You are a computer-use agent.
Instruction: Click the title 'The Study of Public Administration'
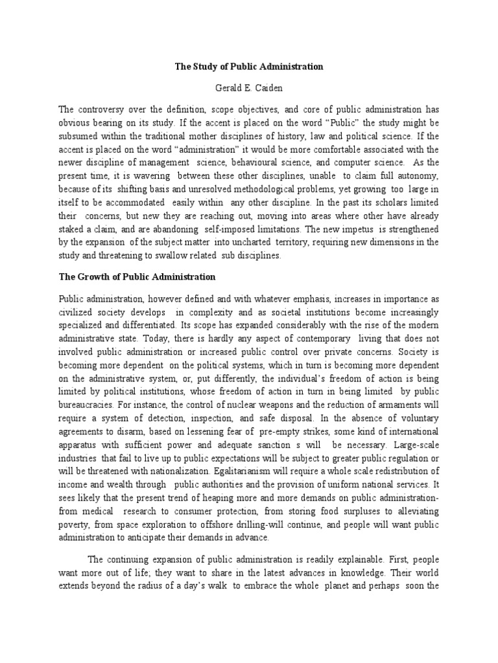tap(249, 67)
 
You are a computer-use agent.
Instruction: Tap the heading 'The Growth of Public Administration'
tap(137, 276)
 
